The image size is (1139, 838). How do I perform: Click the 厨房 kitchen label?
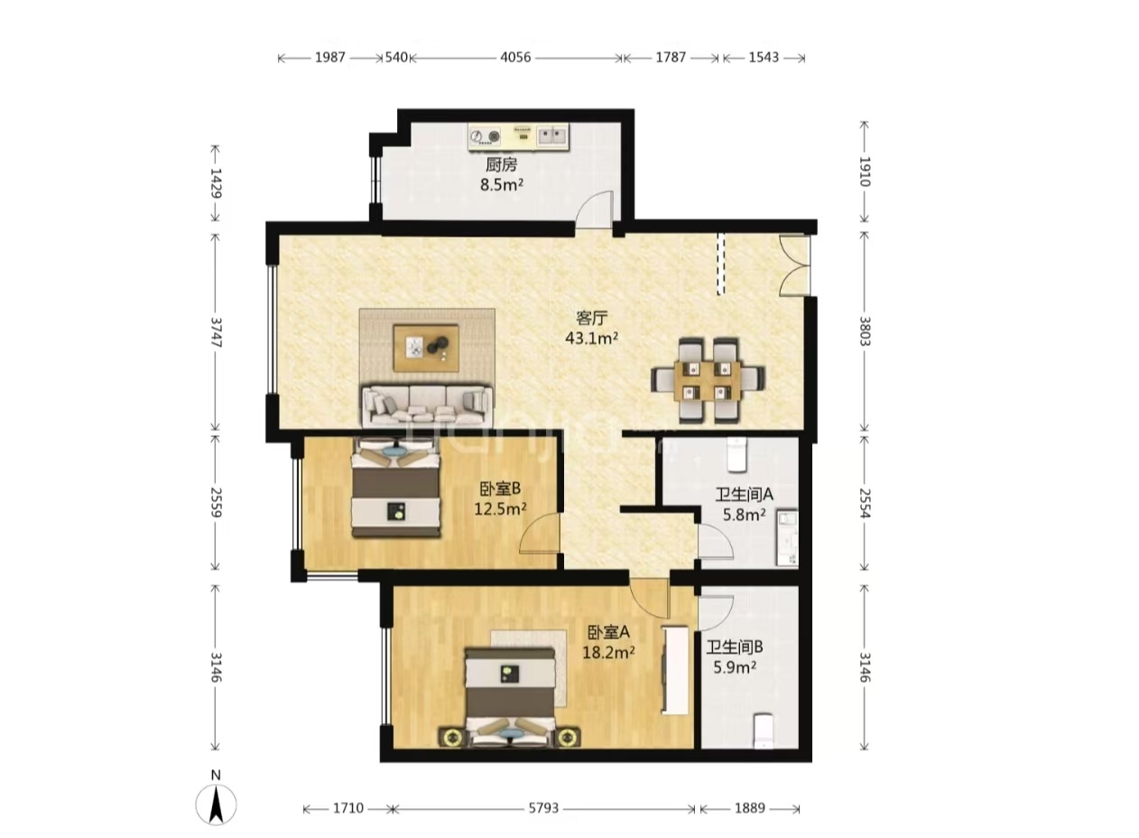point(502,165)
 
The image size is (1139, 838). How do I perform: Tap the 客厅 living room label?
point(591,319)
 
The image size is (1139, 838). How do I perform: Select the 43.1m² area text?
point(592,338)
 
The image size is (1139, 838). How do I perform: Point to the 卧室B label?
point(500,489)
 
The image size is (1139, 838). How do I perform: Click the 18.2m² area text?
point(608,652)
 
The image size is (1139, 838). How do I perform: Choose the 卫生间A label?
point(745,494)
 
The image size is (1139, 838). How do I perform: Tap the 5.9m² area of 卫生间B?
point(735,666)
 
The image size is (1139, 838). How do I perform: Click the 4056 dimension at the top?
point(515,57)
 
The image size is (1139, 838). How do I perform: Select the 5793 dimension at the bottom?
point(543,808)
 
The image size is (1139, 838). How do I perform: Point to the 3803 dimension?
point(865,331)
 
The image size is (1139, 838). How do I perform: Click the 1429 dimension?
point(216,183)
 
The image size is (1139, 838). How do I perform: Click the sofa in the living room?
point(427,405)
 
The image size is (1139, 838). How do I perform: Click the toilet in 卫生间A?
point(736,454)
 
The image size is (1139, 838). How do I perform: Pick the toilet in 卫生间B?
point(764,731)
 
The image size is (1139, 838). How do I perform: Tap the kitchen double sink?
point(551,135)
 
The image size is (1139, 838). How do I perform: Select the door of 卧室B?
point(540,534)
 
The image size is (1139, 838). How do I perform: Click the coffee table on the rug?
point(427,348)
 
